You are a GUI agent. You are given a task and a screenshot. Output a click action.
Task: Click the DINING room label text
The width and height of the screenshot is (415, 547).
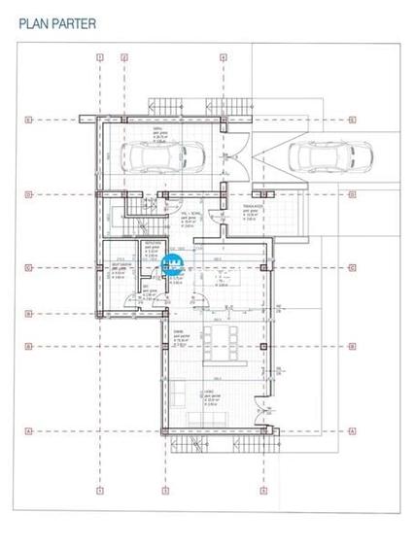(x=179, y=332)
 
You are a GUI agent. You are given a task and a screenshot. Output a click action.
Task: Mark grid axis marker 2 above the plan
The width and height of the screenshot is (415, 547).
(x=124, y=57)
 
